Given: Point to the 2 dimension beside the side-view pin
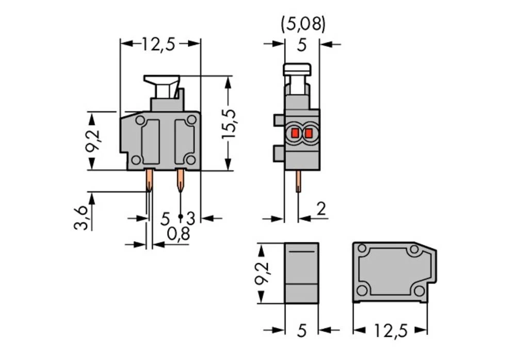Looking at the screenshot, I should [x=321, y=209].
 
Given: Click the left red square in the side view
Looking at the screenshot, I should [x=295, y=133].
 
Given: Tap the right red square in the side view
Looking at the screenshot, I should [x=309, y=133].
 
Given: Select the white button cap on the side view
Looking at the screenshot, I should [x=297, y=69].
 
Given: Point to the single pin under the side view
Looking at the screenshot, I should [x=298, y=182].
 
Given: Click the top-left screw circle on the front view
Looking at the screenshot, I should [x=140, y=120].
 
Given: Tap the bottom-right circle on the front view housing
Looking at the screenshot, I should [x=190, y=160].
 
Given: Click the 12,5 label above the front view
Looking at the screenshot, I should [x=159, y=44].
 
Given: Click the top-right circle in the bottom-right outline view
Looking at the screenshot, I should [x=414, y=251].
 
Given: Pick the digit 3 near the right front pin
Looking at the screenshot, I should [x=190, y=218].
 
